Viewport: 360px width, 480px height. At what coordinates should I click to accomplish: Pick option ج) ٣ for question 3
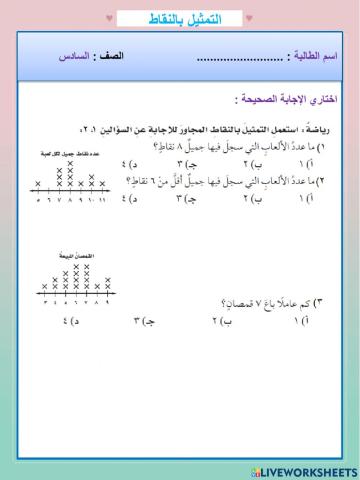click(141, 322)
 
